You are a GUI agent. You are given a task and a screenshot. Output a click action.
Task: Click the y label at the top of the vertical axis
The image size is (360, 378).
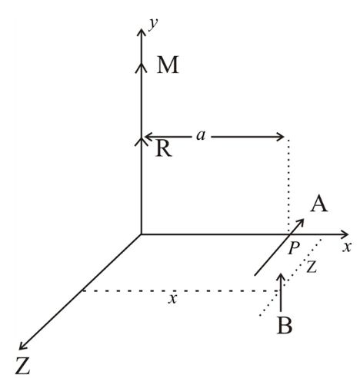tap(153, 25)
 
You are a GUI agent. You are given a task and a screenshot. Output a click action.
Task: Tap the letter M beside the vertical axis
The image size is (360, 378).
tap(168, 65)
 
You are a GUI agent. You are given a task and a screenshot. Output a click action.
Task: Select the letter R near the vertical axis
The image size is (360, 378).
tap(164, 148)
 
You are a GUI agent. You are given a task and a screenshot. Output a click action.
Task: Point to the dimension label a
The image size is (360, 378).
tap(201, 135)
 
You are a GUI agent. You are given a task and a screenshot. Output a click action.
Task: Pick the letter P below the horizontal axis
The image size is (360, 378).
tap(294, 247)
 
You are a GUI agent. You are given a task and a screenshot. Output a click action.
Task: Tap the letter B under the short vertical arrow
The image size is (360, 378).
tap(285, 325)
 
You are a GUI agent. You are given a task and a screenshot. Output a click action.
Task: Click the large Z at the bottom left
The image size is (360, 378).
tap(23, 366)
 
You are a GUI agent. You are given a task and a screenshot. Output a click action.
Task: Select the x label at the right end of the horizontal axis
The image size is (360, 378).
tap(346, 247)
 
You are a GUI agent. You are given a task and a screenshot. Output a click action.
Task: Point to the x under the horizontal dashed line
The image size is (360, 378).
tap(172, 299)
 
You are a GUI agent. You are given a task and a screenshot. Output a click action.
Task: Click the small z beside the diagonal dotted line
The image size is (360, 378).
tap(312, 267)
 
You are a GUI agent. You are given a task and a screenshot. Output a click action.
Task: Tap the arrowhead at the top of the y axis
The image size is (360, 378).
tap(141, 32)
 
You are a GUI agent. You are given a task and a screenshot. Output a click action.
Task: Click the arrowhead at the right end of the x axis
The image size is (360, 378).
tap(344, 234)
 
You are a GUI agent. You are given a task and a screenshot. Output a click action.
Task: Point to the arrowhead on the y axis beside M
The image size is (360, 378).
tap(141, 68)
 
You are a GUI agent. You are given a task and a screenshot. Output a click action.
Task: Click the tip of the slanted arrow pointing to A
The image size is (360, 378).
tap(304, 219)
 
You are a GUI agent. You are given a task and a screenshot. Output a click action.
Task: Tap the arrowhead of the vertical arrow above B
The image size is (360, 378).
tap(282, 277)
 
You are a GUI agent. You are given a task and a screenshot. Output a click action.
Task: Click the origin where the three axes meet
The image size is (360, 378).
tap(141, 234)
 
